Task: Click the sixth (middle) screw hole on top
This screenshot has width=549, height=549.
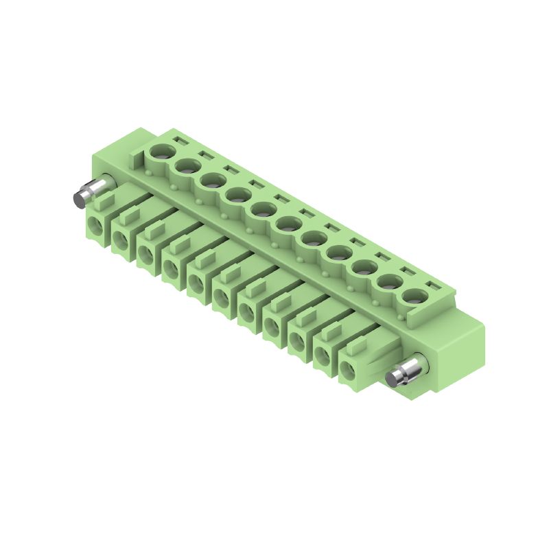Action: pos(288,223)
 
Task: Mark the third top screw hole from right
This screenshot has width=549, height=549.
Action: pos(364,267)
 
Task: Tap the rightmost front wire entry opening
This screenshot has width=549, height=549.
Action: pos(349,370)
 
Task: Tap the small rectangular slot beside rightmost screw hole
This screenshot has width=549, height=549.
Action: pos(431,284)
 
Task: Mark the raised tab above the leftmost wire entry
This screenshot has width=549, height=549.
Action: pos(104,202)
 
